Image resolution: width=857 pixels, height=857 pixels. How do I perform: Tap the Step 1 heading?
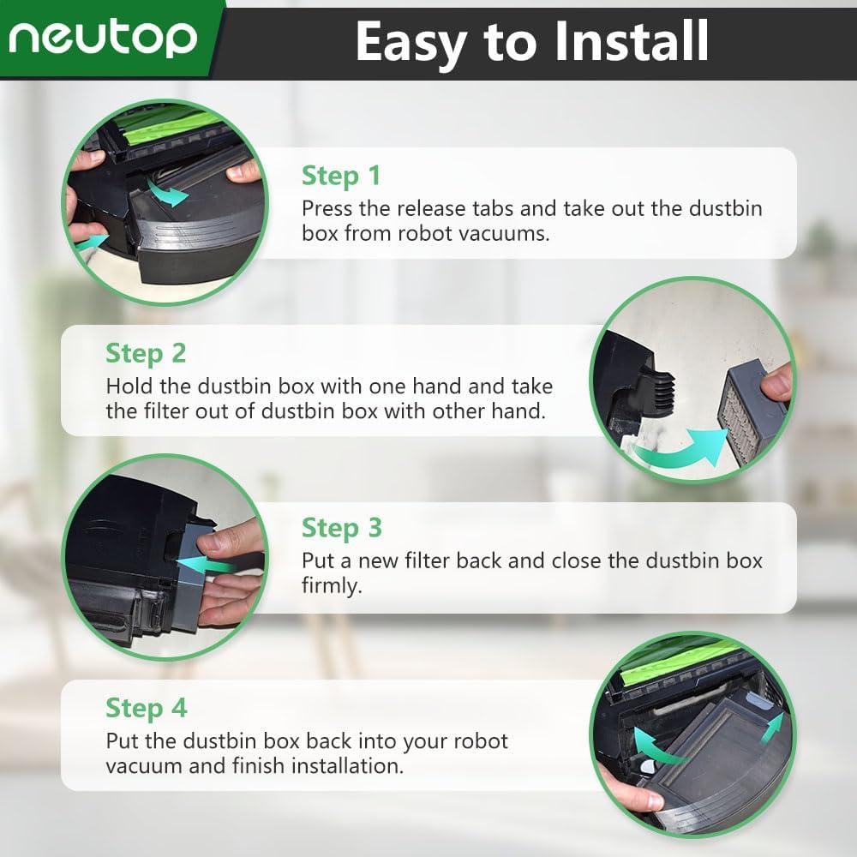pyautogui.click(x=340, y=176)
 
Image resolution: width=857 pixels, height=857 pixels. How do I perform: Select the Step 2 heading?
pyautogui.click(x=146, y=353)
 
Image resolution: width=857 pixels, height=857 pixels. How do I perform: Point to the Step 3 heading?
pyautogui.click(x=341, y=527)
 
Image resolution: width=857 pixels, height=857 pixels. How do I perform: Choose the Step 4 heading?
pyautogui.click(x=146, y=708)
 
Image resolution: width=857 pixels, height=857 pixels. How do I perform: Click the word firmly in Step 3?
pyautogui.click(x=333, y=585)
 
